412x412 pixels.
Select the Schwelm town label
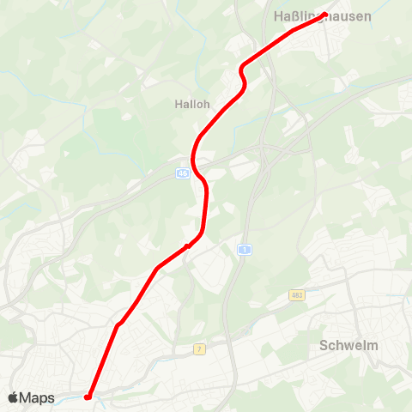(348, 346)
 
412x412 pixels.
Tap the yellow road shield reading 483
(297, 294)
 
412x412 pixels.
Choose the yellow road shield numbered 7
(199, 349)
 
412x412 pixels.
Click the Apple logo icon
(13, 397)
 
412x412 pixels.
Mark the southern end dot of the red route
(88, 397)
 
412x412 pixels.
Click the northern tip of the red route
(328, 13)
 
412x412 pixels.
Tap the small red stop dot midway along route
(187, 247)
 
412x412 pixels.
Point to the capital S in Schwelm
(324, 346)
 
